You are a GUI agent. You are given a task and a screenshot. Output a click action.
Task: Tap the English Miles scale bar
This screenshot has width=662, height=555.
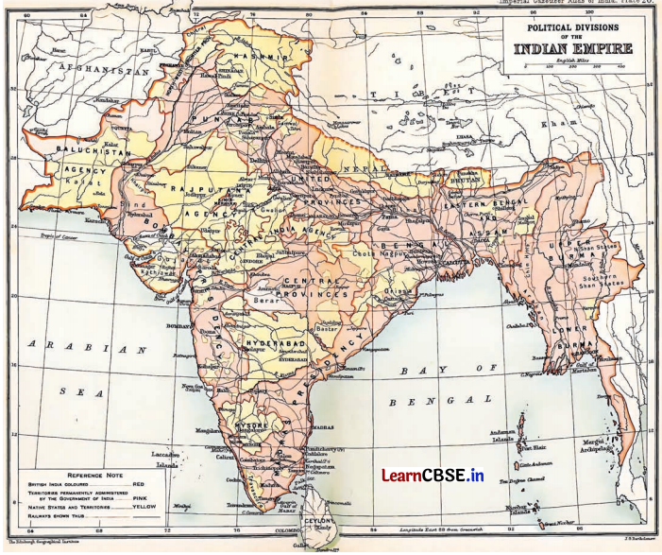(x=576, y=68)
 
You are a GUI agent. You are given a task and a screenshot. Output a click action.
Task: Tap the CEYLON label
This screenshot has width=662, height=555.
(x=314, y=520)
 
